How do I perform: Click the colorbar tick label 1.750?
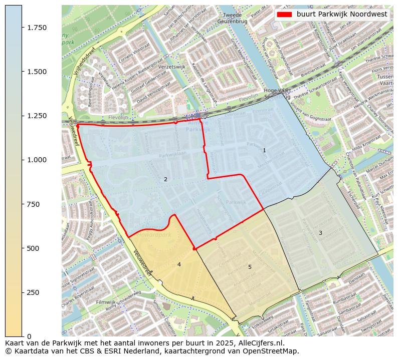point(36,28)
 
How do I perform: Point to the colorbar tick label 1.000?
point(36,160)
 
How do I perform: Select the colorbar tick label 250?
point(33,292)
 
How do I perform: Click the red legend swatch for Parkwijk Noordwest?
point(284,15)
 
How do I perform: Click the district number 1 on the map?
point(264,150)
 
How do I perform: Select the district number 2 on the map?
point(165,179)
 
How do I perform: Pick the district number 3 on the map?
point(320,233)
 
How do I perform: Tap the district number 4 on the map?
point(179,264)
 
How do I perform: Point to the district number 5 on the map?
point(250,267)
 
